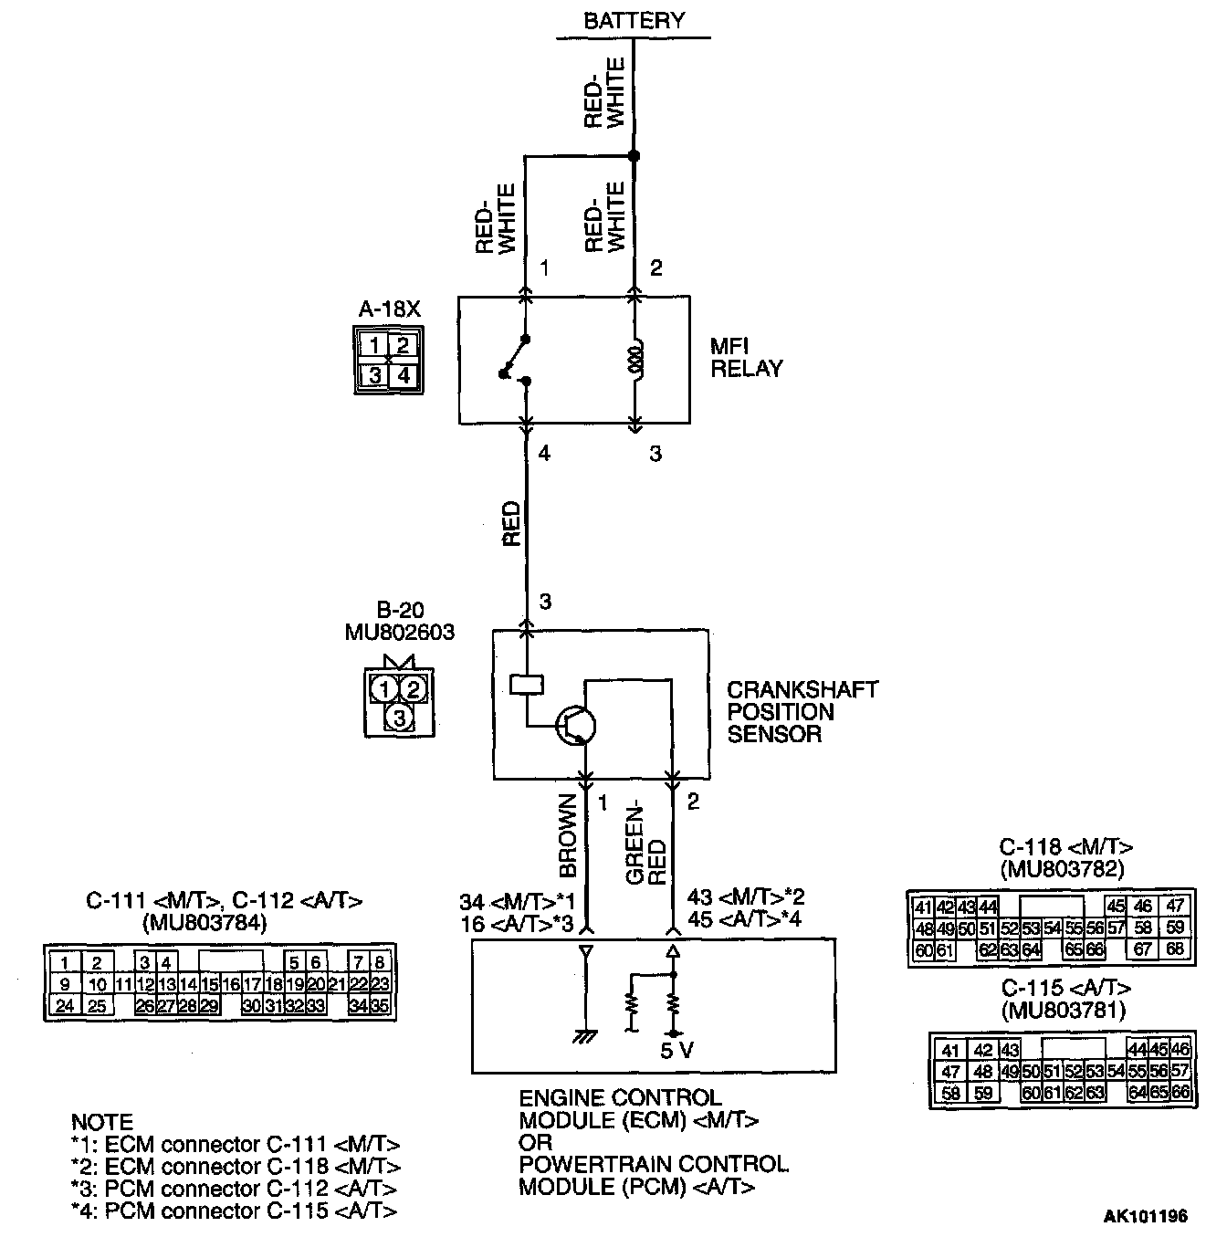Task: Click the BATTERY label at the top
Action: coord(634,21)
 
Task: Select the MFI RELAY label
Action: coord(746,358)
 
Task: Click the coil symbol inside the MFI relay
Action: coord(635,359)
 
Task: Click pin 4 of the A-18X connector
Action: coord(403,374)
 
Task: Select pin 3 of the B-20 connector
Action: coord(399,718)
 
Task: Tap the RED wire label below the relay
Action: coord(512,524)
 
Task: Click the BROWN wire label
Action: coord(568,835)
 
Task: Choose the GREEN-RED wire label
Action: coord(646,844)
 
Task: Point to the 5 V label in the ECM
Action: coord(676,1051)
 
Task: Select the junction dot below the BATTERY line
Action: coord(634,156)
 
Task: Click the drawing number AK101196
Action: coord(1146,1216)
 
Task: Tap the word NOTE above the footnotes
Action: coord(102,1122)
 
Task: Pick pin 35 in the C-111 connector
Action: coord(382,1007)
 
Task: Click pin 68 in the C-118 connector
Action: coord(1175,949)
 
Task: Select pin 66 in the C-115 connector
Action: coord(1180,1093)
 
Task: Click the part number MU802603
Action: coord(400,632)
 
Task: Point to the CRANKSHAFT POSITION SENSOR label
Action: coord(802,712)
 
